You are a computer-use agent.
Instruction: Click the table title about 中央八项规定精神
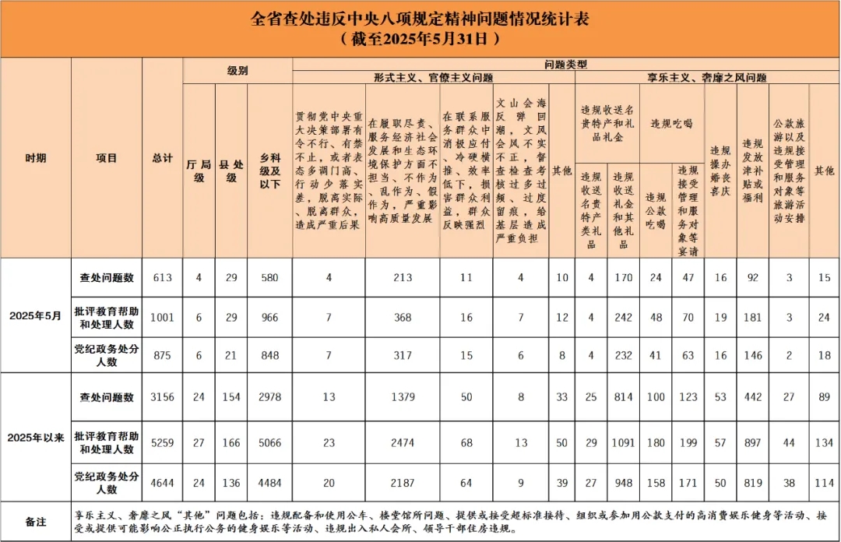(x=420, y=18)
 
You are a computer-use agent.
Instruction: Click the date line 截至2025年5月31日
(x=420, y=37)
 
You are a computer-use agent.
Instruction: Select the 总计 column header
(x=162, y=158)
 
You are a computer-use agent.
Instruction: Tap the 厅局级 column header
(x=199, y=171)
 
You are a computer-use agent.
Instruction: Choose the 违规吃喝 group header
(x=671, y=123)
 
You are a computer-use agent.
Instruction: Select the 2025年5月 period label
(x=35, y=316)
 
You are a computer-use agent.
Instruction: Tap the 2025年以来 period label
(x=35, y=436)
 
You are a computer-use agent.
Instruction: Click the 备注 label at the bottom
(x=35, y=521)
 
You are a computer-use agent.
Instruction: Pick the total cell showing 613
(x=162, y=277)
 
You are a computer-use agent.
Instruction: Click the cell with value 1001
(x=162, y=317)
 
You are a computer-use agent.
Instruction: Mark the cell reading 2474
(x=402, y=442)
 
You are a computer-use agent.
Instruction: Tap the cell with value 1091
(x=623, y=442)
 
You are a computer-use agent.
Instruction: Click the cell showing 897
(x=752, y=442)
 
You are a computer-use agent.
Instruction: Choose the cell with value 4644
(x=162, y=483)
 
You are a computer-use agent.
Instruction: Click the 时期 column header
(x=35, y=158)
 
